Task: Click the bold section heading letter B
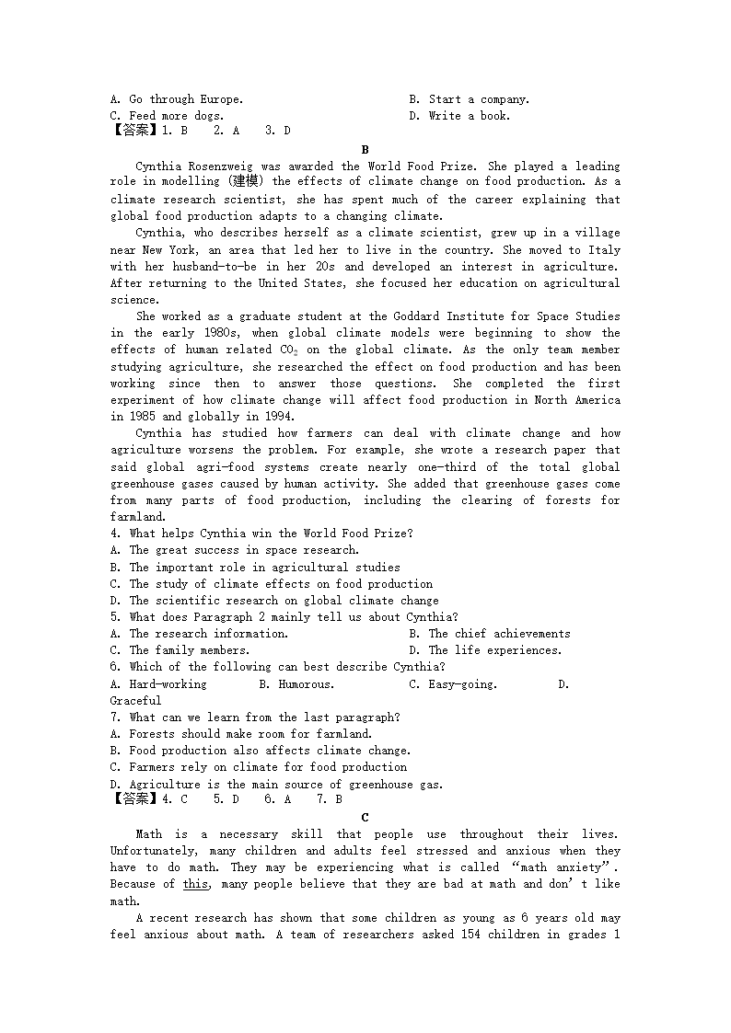[365, 149]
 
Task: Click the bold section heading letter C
[365, 817]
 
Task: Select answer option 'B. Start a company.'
[470, 99]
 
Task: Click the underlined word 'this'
[195, 884]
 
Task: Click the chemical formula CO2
[288, 350]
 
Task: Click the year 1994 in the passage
[267, 417]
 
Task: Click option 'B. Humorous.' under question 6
[296, 684]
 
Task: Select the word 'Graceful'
[135, 701]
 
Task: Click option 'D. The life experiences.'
[485, 650]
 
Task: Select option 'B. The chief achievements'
[490, 634]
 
